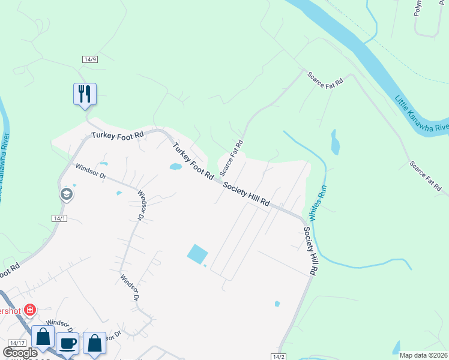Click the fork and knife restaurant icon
[85, 94]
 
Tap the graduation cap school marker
[65, 194]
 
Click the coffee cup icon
[68, 343]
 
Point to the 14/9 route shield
[89, 58]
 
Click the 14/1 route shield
[59, 218]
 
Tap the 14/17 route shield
[13, 342]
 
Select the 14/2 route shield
[278, 356]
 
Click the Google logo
[20, 353]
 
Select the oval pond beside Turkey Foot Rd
[176, 167]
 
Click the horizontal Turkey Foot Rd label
[118, 136]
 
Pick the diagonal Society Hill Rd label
[246, 195]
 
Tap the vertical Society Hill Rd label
[310, 250]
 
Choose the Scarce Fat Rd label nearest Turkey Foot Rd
[231, 158]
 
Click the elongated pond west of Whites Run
[334, 143]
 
